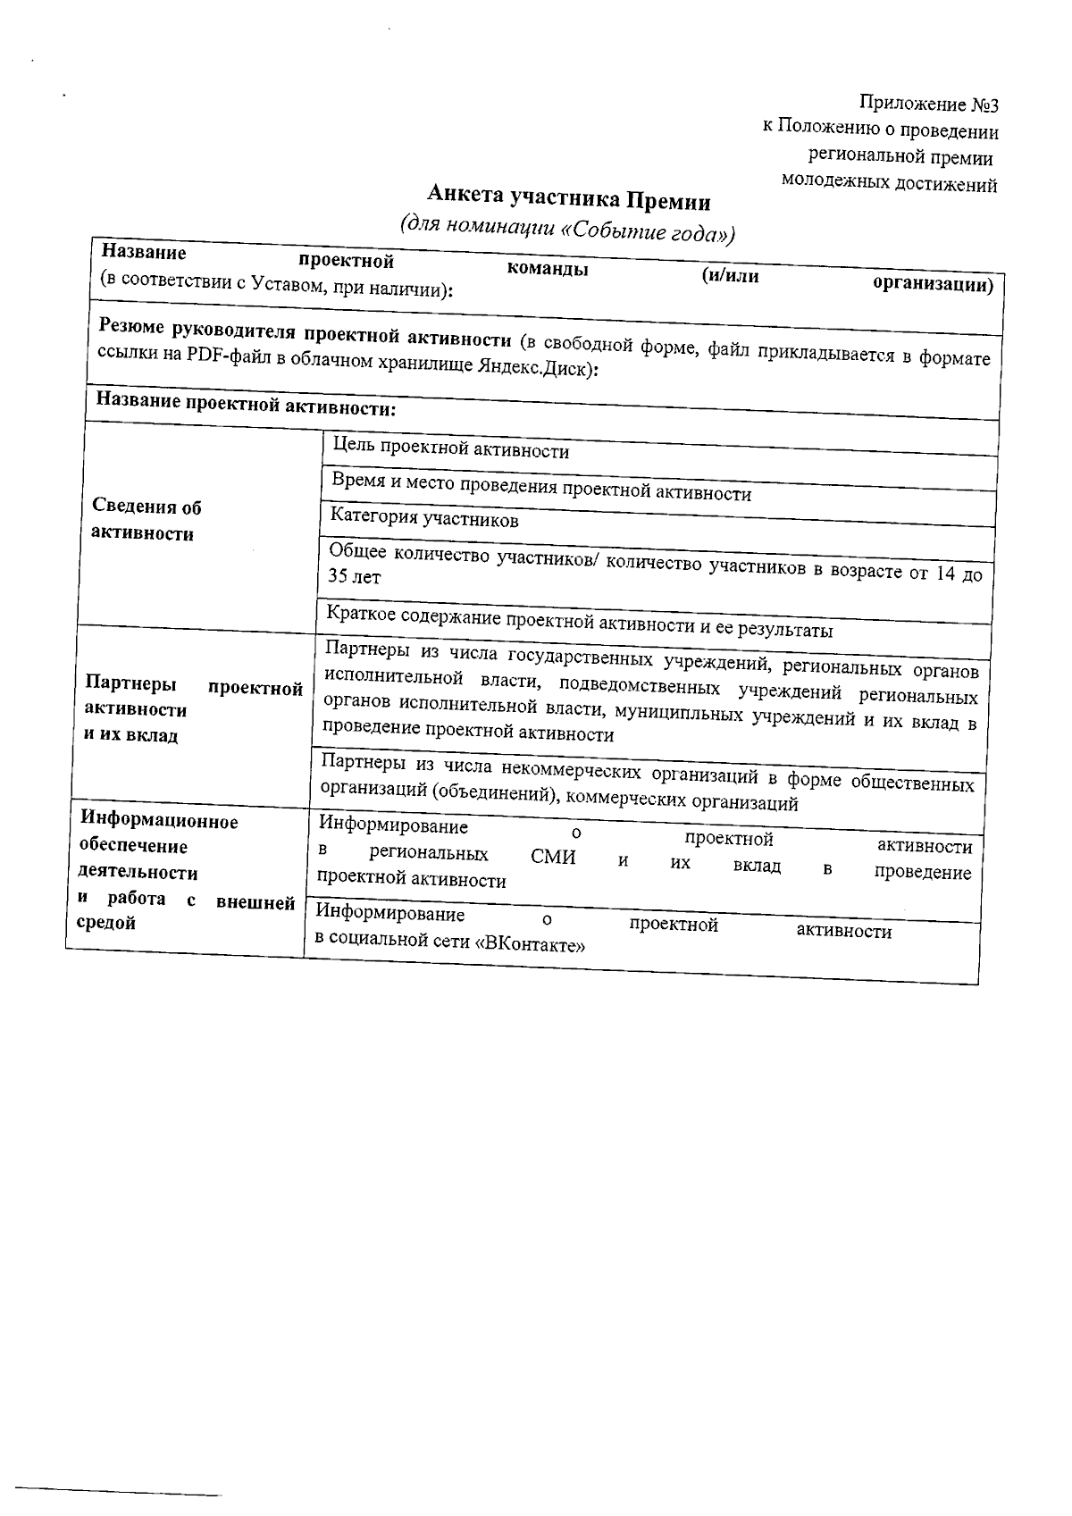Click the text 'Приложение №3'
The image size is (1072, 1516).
(x=928, y=105)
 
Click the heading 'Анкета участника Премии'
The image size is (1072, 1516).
(x=568, y=197)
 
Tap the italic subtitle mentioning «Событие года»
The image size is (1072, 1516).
(x=568, y=229)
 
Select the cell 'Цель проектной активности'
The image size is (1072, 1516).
(x=450, y=448)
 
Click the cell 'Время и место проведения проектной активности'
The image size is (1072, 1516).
(x=541, y=488)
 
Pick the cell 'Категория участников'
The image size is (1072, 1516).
(x=424, y=518)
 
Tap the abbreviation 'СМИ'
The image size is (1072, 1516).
(x=553, y=858)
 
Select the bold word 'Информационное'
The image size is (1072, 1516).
(x=159, y=820)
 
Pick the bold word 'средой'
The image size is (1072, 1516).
(x=105, y=923)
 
